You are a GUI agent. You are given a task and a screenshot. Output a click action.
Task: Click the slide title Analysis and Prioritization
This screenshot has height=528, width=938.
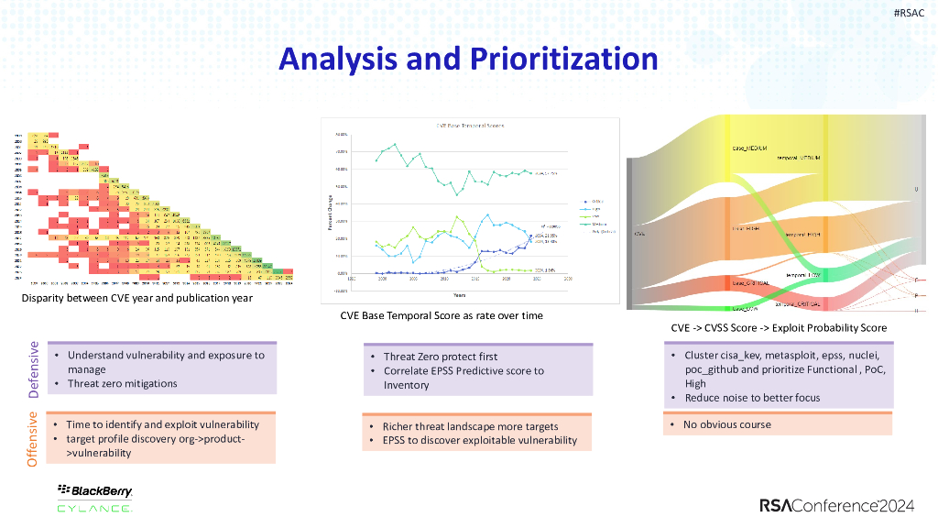[x=468, y=59]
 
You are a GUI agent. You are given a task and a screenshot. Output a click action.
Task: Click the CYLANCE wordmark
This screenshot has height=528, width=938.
[x=94, y=508]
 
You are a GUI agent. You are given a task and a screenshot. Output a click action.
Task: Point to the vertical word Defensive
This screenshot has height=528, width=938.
[x=34, y=369]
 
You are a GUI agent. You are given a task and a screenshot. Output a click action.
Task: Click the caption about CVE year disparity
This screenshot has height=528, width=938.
[x=136, y=299]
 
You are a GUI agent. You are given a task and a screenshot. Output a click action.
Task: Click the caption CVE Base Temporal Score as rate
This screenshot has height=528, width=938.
[x=441, y=315]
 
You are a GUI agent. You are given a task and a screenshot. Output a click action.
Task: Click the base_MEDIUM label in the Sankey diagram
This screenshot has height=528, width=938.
[x=749, y=148]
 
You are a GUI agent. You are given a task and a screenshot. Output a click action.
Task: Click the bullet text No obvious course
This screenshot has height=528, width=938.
[x=728, y=424]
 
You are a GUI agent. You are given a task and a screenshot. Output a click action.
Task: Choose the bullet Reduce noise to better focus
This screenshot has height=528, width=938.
[x=739, y=398]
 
